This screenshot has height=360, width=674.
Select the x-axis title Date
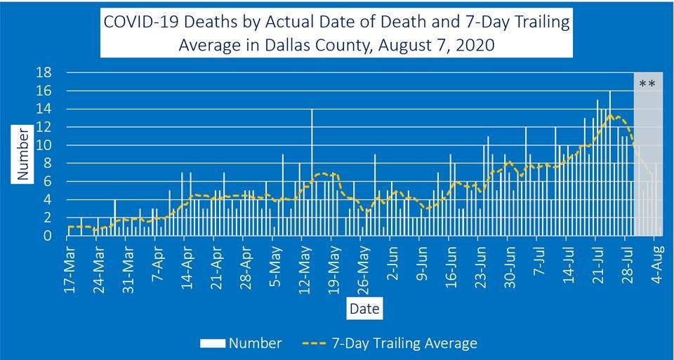[x=364, y=308]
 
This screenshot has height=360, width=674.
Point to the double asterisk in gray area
[x=647, y=85]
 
